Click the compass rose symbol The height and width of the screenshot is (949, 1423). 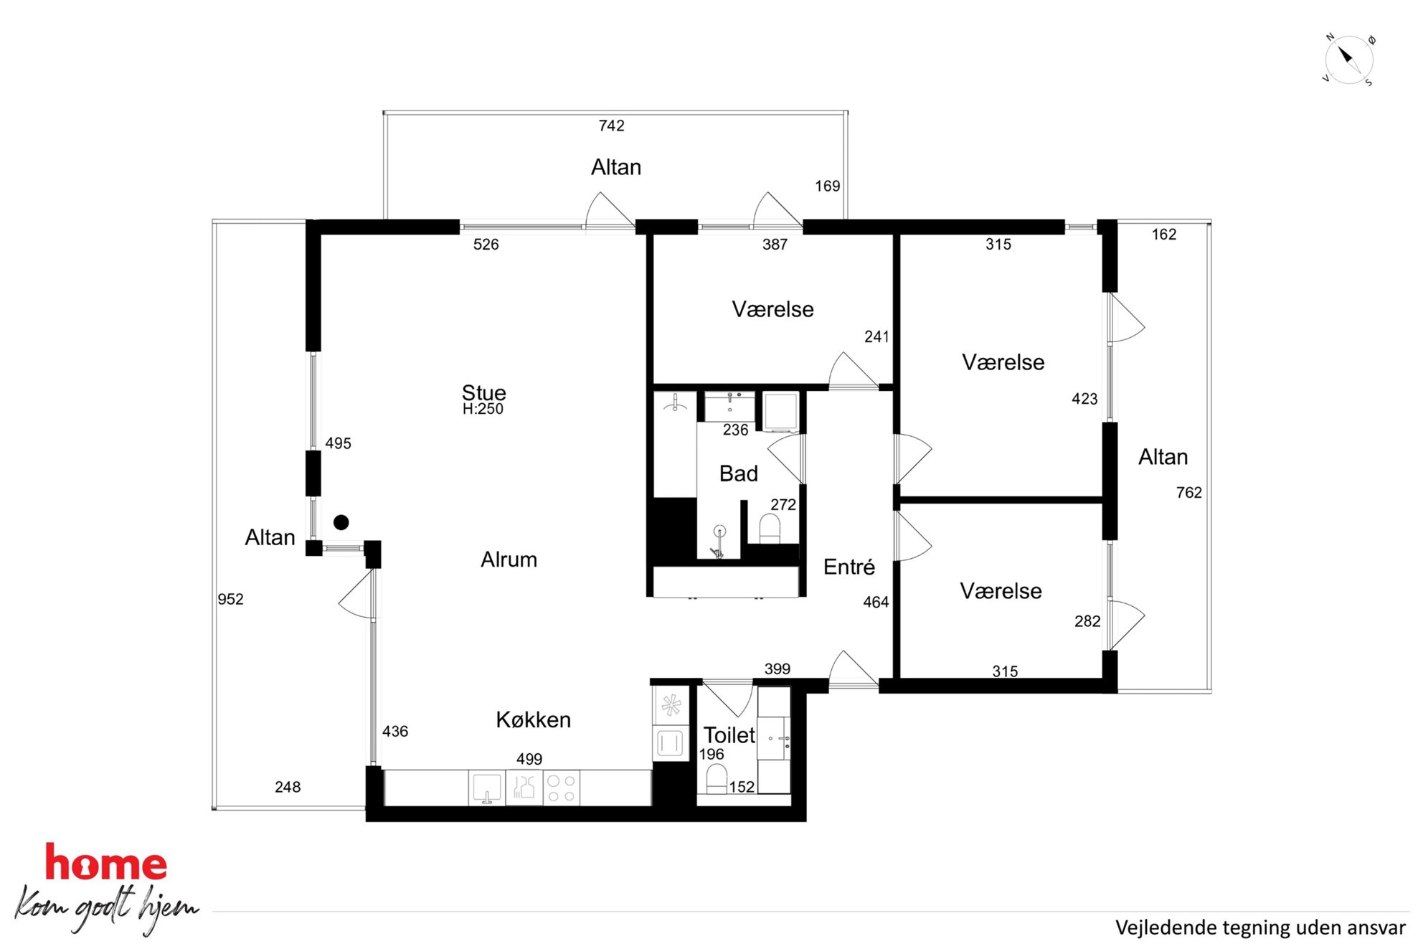[1348, 60]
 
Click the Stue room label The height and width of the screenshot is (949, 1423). [483, 392]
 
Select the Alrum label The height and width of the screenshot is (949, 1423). [509, 560]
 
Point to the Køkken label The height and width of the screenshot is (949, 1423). [533, 719]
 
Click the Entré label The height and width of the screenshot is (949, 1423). [848, 567]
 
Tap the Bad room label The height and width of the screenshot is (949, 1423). [738, 473]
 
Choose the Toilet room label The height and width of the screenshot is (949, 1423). [729, 735]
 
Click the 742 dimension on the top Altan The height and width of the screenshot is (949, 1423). [611, 126]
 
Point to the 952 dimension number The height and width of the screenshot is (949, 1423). [230, 599]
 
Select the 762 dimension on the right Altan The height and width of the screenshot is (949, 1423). [1188, 492]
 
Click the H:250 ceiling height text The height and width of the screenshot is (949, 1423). [483, 409]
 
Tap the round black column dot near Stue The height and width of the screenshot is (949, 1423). [341, 522]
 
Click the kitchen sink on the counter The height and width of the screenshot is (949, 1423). [486, 788]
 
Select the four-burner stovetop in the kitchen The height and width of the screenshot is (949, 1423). [561, 788]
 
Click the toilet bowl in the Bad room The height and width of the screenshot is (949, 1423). [770, 529]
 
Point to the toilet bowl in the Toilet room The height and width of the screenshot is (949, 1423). [717, 778]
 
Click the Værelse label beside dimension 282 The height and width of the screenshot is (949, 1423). [1001, 591]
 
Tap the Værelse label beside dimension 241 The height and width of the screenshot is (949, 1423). [772, 309]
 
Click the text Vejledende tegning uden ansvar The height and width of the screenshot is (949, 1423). [1260, 927]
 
